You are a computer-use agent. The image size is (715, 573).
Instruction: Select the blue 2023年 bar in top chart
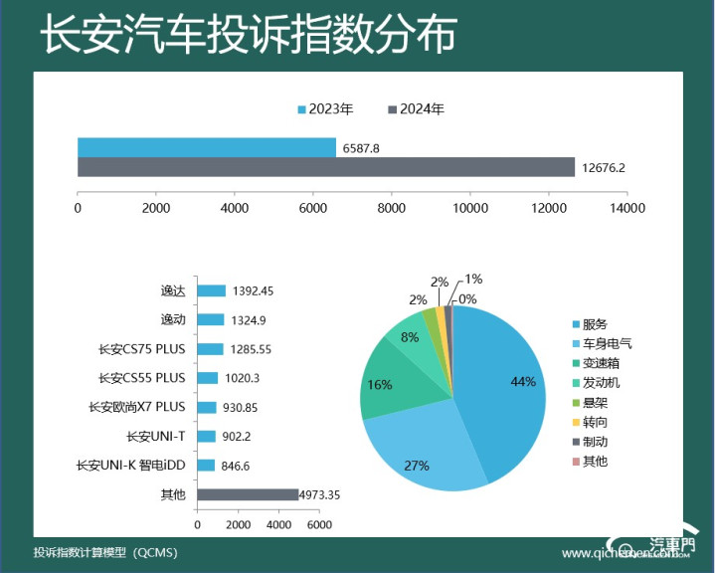click(207, 147)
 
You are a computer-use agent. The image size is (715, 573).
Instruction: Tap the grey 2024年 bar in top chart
click(326, 167)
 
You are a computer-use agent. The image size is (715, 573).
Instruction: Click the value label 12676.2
click(603, 167)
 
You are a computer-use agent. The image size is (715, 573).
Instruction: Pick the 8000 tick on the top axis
click(392, 208)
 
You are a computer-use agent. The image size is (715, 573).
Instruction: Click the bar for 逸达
click(211, 290)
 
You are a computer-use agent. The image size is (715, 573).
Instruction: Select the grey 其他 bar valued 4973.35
click(248, 494)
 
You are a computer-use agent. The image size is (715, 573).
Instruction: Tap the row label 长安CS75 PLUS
click(142, 349)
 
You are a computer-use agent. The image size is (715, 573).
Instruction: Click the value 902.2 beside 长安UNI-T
click(240, 436)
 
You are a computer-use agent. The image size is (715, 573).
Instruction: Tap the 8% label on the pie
click(409, 338)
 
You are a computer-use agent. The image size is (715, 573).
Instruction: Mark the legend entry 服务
click(594, 324)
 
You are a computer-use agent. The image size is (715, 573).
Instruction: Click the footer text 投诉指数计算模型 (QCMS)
click(105, 552)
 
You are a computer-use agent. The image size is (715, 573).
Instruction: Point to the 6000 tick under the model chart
click(318, 524)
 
